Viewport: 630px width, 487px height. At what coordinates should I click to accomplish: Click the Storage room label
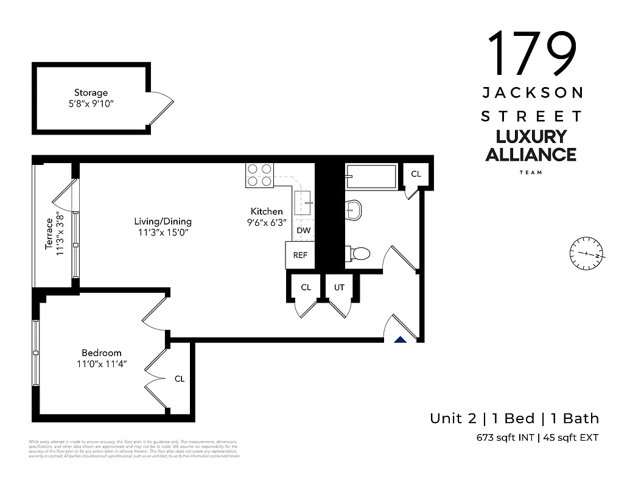(x=91, y=93)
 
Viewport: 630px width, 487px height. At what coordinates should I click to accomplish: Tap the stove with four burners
(x=260, y=175)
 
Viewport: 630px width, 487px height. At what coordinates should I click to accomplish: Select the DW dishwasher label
(x=303, y=231)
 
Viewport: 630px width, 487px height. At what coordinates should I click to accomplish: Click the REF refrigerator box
(x=300, y=255)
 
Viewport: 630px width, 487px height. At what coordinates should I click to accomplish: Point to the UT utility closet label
(x=339, y=287)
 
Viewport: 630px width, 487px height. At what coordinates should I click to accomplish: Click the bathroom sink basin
(x=354, y=210)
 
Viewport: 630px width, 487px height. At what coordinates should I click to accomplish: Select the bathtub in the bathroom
(x=371, y=177)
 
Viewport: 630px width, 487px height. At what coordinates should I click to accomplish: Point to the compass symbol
(x=586, y=254)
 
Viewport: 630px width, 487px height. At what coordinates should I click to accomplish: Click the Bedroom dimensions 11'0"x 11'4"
(x=102, y=365)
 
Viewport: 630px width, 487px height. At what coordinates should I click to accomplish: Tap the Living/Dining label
(x=163, y=222)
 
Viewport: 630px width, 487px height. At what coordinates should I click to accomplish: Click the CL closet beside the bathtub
(x=416, y=174)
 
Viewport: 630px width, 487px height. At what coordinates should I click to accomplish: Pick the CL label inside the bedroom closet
(x=180, y=379)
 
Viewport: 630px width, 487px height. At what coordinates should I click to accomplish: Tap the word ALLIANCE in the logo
(x=530, y=155)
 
